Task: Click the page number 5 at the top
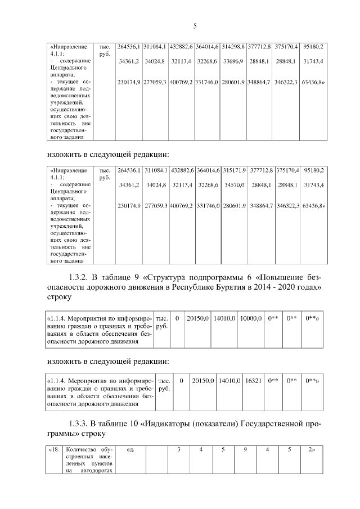(195, 26)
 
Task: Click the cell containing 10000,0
(251, 318)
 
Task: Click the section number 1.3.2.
(80, 277)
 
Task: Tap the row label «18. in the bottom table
(54, 449)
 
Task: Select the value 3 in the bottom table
(179, 449)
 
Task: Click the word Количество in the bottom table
(81, 449)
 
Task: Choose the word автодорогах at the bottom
(97, 471)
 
